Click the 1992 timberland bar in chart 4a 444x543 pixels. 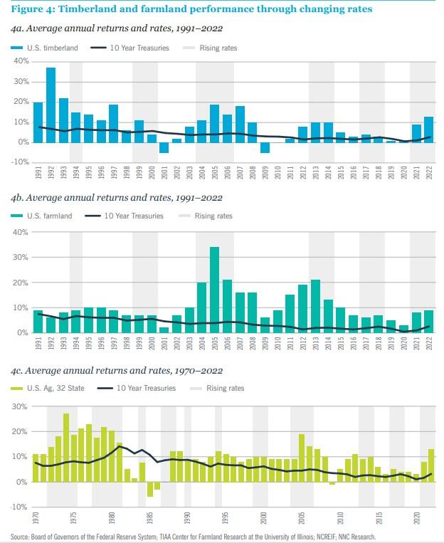pos(51,105)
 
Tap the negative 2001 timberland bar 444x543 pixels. pos(164,147)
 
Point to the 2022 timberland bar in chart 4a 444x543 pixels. pos(428,129)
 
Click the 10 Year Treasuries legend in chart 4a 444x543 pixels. pos(121,48)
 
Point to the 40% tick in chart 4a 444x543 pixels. pos(20,61)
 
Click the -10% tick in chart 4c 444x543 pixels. pos(19,507)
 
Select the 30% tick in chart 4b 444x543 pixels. pos(20,257)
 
